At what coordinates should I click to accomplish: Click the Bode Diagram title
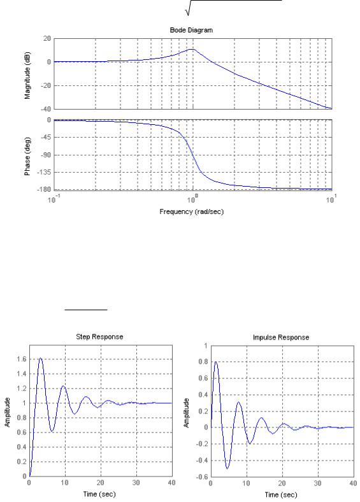click(x=191, y=30)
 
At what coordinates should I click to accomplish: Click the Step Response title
click(x=99, y=337)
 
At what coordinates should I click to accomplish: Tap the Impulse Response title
click(x=281, y=338)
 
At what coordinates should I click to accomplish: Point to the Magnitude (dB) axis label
click(x=27, y=75)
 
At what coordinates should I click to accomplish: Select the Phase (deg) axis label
click(x=27, y=156)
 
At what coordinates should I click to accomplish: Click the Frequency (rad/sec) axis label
click(x=192, y=212)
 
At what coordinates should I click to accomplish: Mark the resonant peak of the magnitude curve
click(x=192, y=49)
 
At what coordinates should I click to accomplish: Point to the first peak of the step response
click(x=40, y=358)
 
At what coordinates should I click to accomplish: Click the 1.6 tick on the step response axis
click(x=22, y=359)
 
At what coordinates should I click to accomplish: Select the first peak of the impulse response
click(x=216, y=362)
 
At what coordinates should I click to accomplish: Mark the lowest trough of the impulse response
click(x=227, y=469)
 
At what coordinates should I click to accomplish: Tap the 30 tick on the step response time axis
click(x=136, y=483)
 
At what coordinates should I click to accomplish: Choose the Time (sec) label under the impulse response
click(x=281, y=494)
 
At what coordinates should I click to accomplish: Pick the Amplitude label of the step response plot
click(x=8, y=412)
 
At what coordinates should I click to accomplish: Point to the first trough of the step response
click(x=52, y=431)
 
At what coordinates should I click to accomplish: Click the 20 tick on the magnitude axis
click(x=47, y=39)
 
